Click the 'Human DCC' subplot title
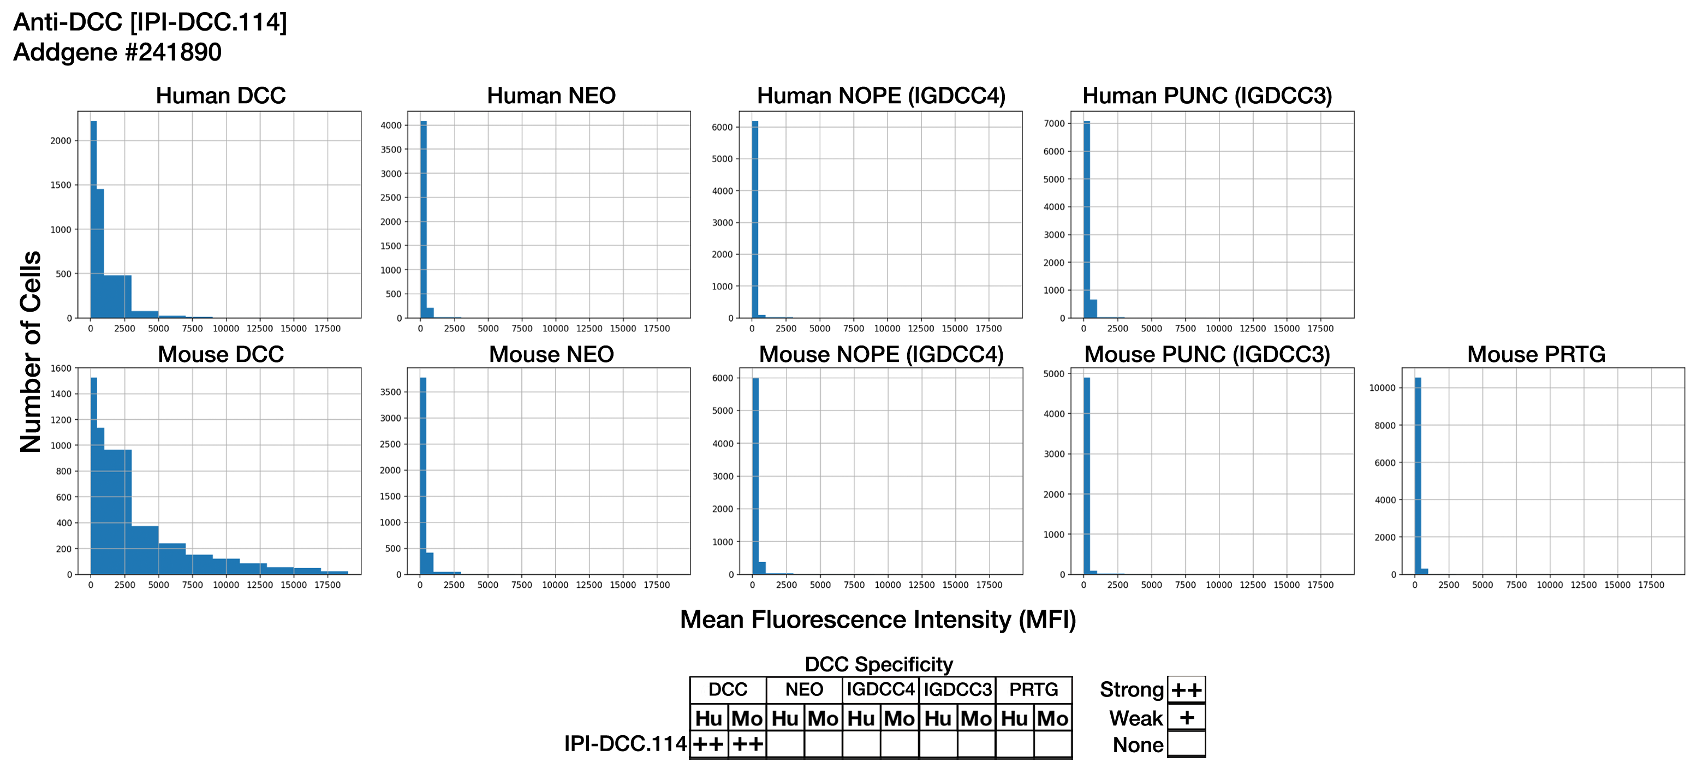pyautogui.click(x=221, y=96)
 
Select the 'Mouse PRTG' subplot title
pyautogui.click(x=1535, y=354)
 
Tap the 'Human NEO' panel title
pyautogui.click(x=551, y=96)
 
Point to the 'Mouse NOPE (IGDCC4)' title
pyautogui.click(x=881, y=354)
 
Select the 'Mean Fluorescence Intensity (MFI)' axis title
pyautogui.click(x=878, y=620)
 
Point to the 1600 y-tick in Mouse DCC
pyautogui.click(x=61, y=368)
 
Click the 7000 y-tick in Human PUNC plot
pyautogui.click(x=1054, y=123)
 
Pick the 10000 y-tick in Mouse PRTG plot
pyautogui.click(x=1382, y=388)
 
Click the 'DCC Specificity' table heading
pyautogui.click(x=878, y=664)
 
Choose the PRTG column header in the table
pyautogui.click(x=1033, y=690)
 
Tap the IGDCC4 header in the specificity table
pyautogui.click(x=880, y=690)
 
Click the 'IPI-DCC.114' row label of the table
pyautogui.click(x=625, y=744)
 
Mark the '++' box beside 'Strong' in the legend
pyautogui.click(x=1186, y=690)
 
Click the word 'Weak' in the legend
pyautogui.click(x=1136, y=718)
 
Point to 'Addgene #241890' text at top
pyautogui.click(x=117, y=52)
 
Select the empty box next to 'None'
pyautogui.click(x=1186, y=744)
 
